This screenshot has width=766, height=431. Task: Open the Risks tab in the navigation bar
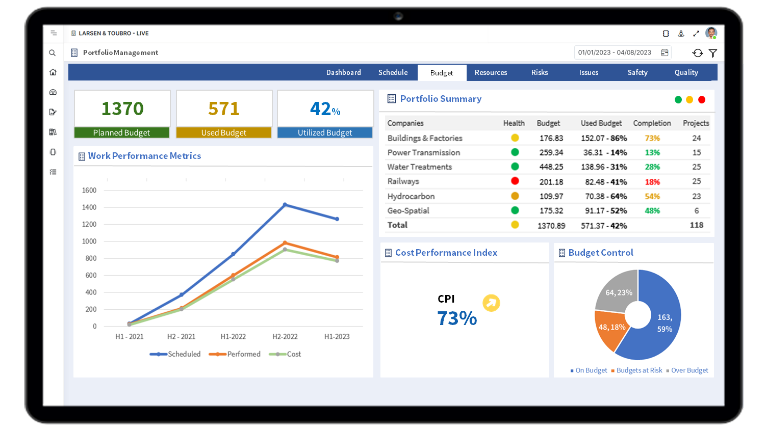[x=539, y=72]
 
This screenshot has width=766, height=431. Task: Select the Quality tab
[x=686, y=72]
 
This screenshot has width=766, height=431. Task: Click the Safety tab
[x=637, y=72]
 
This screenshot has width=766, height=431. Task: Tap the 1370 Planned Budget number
[x=122, y=109]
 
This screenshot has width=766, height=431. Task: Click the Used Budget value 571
[x=224, y=109]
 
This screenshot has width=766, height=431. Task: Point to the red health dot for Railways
[x=515, y=181]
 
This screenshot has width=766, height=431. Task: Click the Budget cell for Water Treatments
[x=551, y=167]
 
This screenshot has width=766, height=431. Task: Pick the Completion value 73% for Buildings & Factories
[x=652, y=138]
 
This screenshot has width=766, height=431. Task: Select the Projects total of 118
[x=696, y=225]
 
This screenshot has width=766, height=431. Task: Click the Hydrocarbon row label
[x=411, y=196]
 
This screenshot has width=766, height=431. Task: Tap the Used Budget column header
[x=601, y=123]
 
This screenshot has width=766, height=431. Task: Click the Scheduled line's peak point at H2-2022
[x=285, y=205]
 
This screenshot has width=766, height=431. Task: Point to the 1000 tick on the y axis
[x=89, y=241]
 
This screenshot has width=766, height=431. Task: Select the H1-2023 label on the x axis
[x=337, y=337]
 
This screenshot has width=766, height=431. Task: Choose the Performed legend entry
[x=243, y=354]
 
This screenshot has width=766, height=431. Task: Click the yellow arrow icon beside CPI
[x=491, y=303]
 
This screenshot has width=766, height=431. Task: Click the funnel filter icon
[x=713, y=53]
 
